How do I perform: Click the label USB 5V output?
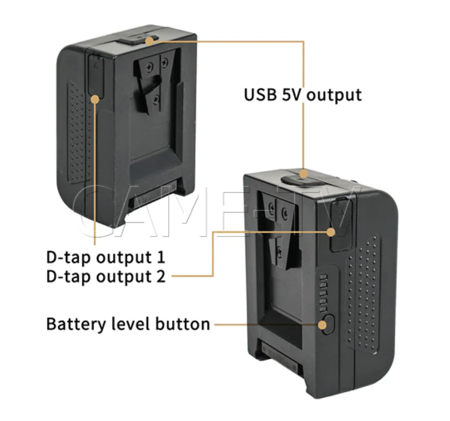coord(303,95)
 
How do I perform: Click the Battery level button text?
coord(128,324)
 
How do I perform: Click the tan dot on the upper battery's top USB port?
coord(149,40)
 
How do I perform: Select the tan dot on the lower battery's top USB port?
coord(304,174)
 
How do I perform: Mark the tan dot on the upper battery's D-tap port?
coord(95,99)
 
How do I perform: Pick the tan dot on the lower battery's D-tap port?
coord(331,231)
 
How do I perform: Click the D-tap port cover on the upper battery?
coord(96,74)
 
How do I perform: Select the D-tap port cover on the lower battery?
coord(340,225)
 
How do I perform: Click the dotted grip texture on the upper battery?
coord(80,133)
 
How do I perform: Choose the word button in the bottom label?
coord(183,324)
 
